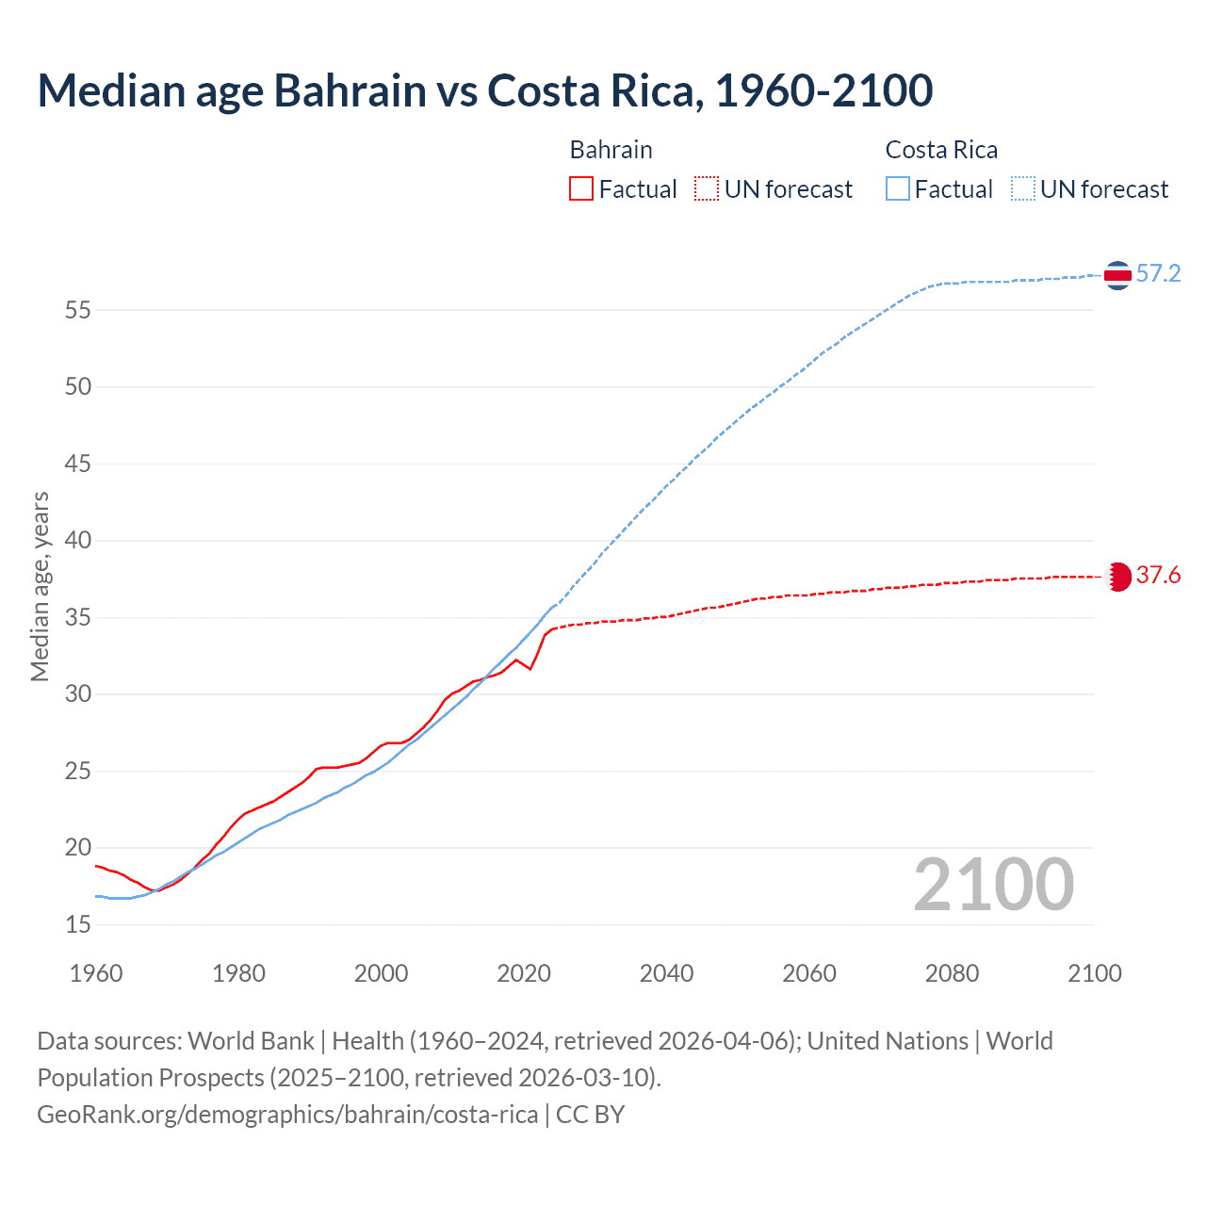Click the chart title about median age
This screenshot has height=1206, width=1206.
pyautogui.click(x=485, y=90)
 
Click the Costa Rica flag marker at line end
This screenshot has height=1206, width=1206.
pyautogui.click(x=1117, y=275)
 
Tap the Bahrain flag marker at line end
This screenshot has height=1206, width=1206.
pyautogui.click(x=1118, y=577)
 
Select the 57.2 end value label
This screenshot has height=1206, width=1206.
pyautogui.click(x=1158, y=274)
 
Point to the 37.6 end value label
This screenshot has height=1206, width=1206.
pyautogui.click(x=1158, y=576)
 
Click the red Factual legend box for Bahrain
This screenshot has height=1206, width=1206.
pyautogui.click(x=581, y=189)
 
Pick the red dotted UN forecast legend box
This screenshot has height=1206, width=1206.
pyautogui.click(x=707, y=189)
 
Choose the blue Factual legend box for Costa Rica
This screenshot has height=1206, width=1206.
pyautogui.click(x=897, y=189)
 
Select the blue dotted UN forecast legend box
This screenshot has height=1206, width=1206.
pyautogui.click(x=1022, y=189)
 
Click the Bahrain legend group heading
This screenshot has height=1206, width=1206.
pyautogui.click(x=611, y=150)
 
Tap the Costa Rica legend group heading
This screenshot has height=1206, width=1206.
pyautogui.click(x=941, y=150)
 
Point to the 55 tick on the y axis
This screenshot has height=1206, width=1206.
pyautogui.click(x=77, y=310)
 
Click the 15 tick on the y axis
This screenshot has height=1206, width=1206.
pyautogui.click(x=77, y=925)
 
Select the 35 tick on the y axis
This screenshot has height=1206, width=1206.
pyautogui.click(x=77, y=618)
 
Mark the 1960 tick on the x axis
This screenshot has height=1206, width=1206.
pyautogui.click(x=96, y=973)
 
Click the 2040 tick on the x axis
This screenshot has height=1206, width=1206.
pyautogui.click(x=666, y=973)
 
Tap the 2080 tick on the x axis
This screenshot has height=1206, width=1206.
pyautogui.click(x=952, y=973)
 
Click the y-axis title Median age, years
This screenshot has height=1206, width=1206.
pyautogui.click(x=40, y=586)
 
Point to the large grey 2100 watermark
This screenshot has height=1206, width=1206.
pyautogui.click(x=993, y=885)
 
